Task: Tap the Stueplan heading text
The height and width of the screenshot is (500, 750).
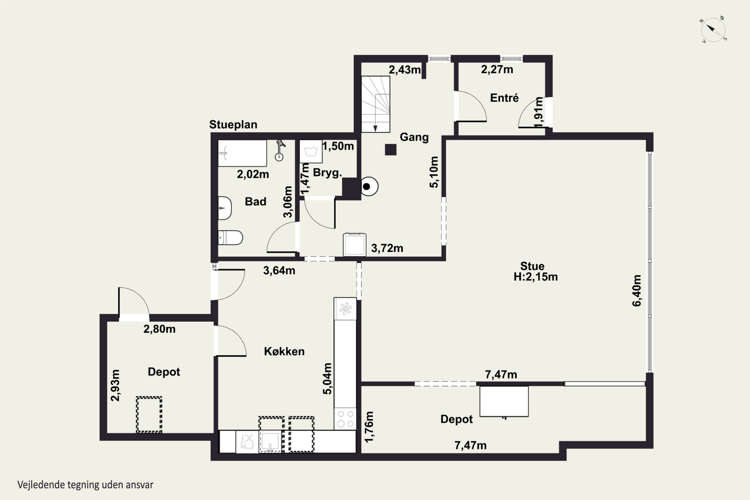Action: (233, 125)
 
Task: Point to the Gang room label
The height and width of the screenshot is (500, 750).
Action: (414, 137)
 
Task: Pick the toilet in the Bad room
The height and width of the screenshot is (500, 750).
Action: (230, 237)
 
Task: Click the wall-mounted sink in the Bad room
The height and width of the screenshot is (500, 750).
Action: (224, 208)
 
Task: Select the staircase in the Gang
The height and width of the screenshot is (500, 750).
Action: (375, 104)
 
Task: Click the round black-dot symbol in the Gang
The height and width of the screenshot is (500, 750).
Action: (369, 186)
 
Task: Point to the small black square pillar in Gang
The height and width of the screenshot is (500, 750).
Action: (390, 149)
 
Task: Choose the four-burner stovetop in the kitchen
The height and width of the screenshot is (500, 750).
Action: (345, 419)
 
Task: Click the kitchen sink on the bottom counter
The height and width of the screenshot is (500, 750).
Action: (271, 442)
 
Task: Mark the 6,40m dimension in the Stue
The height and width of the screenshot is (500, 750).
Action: (636, 290)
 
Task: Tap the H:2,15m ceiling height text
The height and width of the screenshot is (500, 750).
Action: (535, 277)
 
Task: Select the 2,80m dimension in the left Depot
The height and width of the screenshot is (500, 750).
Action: (159, 329)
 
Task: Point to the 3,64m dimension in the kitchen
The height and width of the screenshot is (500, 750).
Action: (279, 270)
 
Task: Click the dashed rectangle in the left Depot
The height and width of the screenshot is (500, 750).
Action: (149, 414)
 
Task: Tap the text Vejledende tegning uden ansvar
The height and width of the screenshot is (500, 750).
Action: (85, 485)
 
